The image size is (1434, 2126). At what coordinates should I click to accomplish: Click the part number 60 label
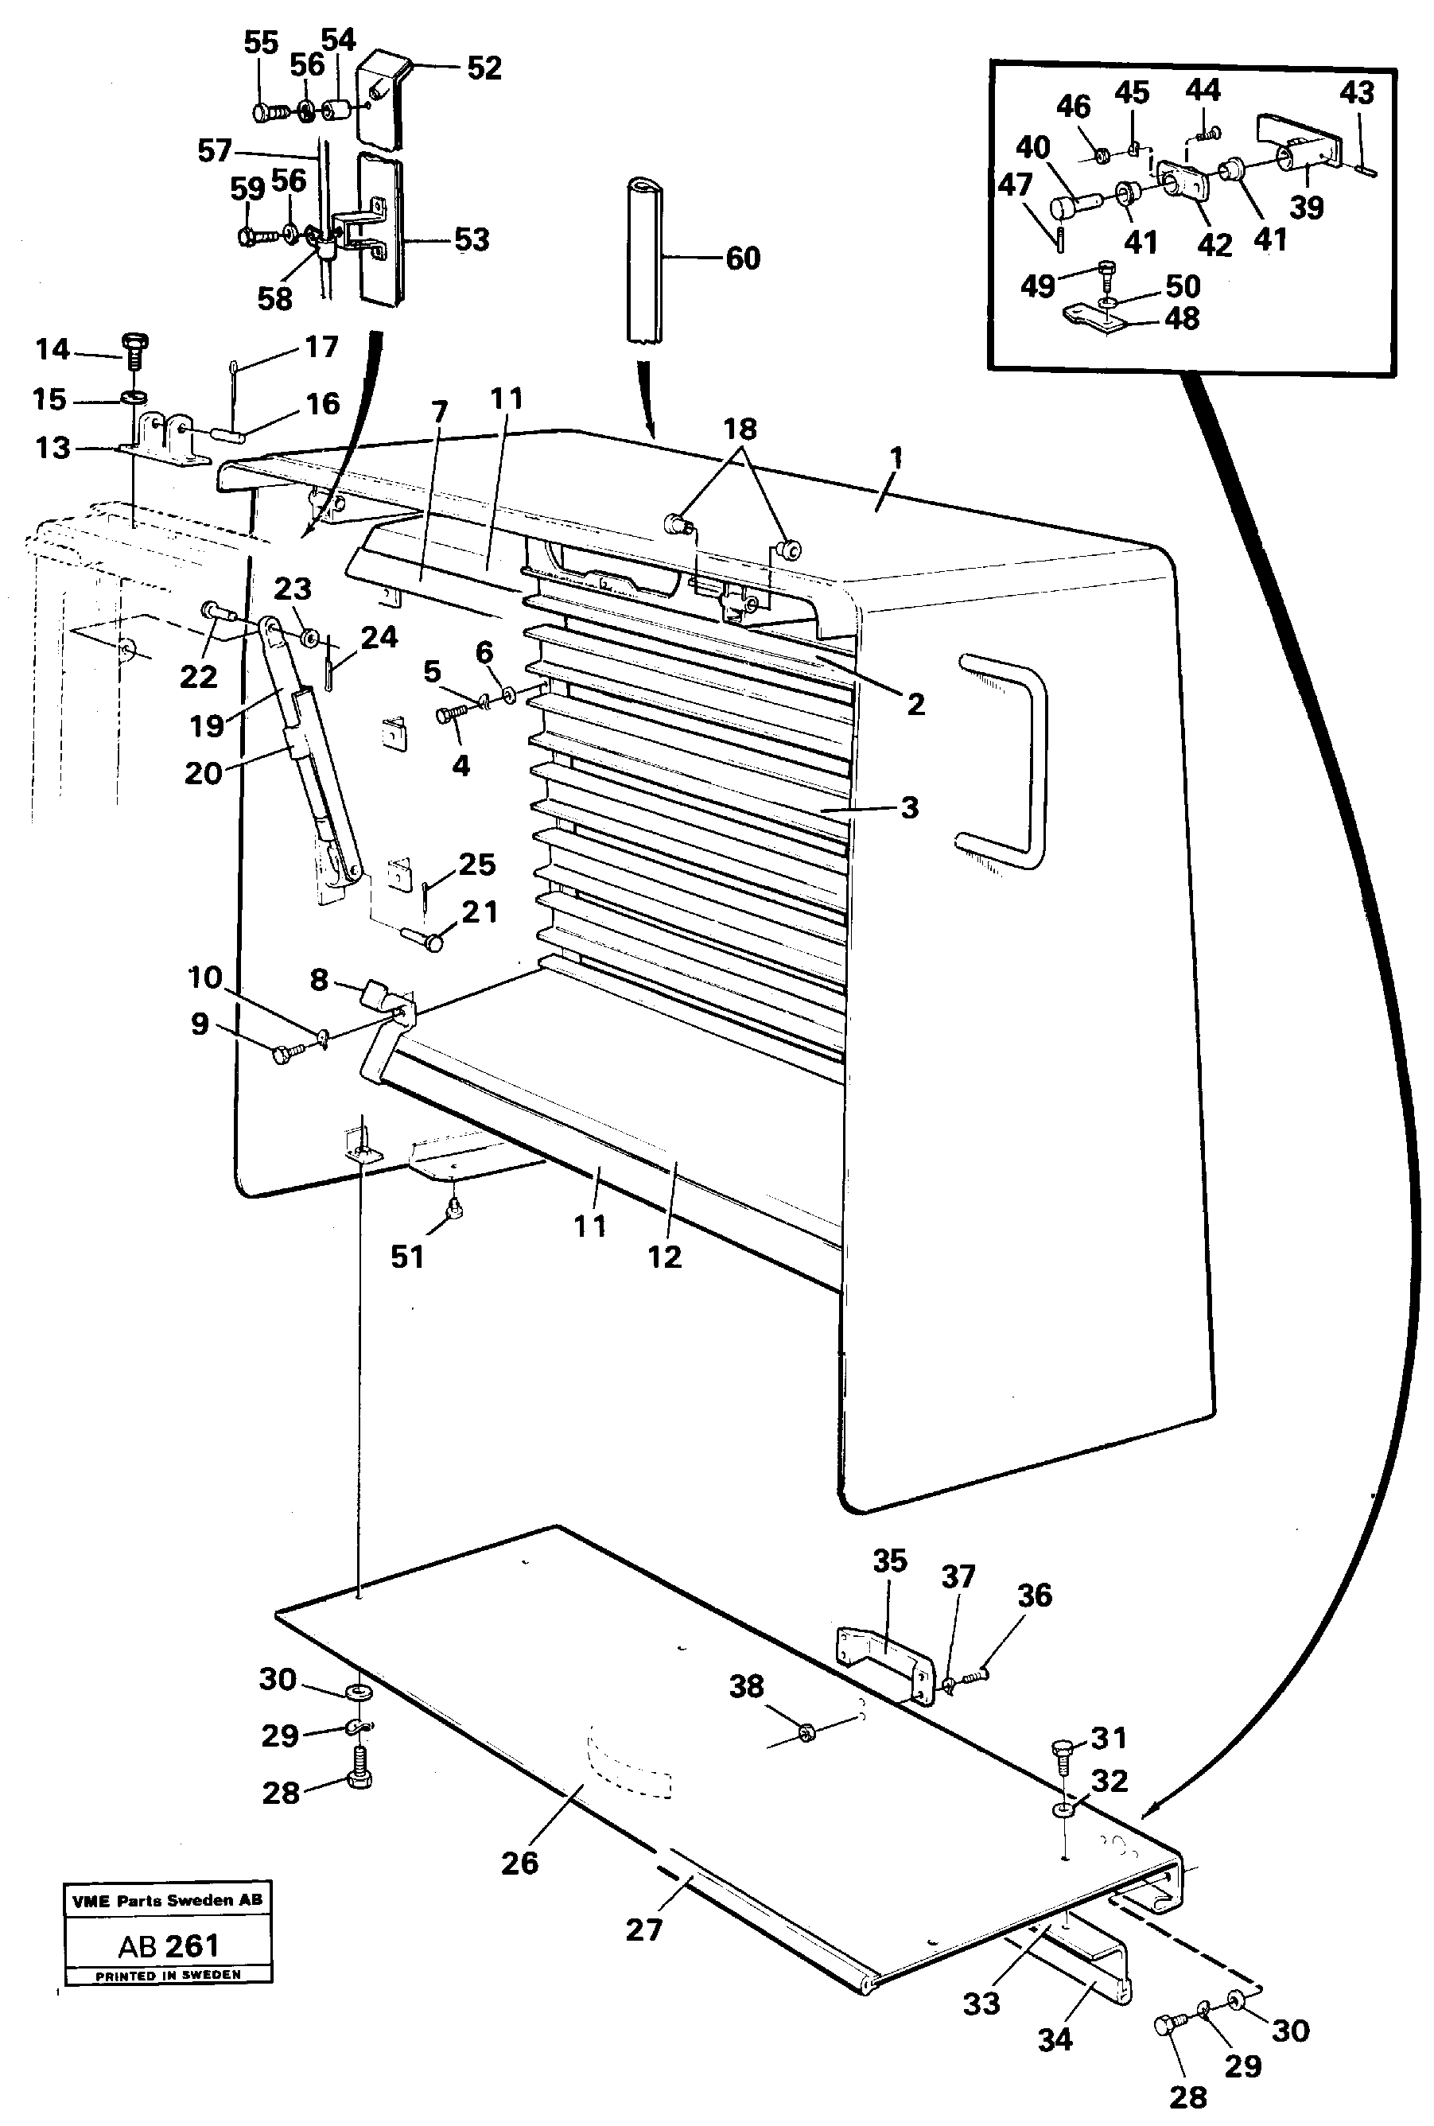point(743,258)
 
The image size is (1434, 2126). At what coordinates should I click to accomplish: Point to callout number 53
point(472,239)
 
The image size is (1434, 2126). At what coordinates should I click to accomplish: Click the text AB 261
point(169,1945)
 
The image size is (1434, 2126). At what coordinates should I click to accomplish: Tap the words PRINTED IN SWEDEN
point(169,1975)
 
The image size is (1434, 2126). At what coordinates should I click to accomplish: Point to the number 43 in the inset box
point(1356,92)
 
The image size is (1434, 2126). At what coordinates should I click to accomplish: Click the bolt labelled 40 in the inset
point(1075,196)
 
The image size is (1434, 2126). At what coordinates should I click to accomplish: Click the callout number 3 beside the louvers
point(909,807)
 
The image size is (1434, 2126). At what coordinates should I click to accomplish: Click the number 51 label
point(407,1257)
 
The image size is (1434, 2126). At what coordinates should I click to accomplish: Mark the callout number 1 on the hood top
point(896,457)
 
